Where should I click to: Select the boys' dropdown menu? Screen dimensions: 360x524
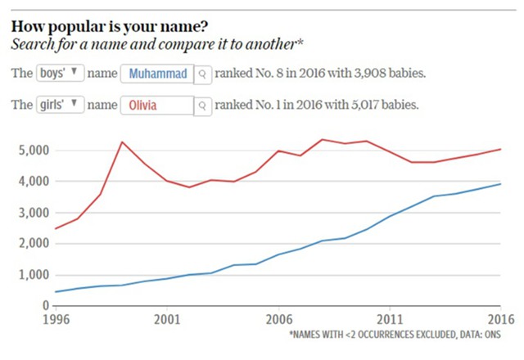click(60, 74)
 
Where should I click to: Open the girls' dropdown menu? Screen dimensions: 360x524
click(60, 105)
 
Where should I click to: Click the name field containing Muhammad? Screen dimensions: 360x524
click(158, 74)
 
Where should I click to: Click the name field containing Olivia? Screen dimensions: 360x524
click(158, 106)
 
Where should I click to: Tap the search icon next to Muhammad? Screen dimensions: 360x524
click(202, 74)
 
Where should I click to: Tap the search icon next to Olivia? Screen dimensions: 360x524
click(202, 106)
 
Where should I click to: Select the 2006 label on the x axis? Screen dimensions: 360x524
click(278, 319)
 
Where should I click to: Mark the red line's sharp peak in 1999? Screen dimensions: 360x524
click(122, 142)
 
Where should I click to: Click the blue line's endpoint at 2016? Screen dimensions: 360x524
click(499, 184)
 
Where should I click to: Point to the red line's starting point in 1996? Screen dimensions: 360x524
click(55, 228)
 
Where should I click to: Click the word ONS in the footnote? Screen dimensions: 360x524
click(489, 335)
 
